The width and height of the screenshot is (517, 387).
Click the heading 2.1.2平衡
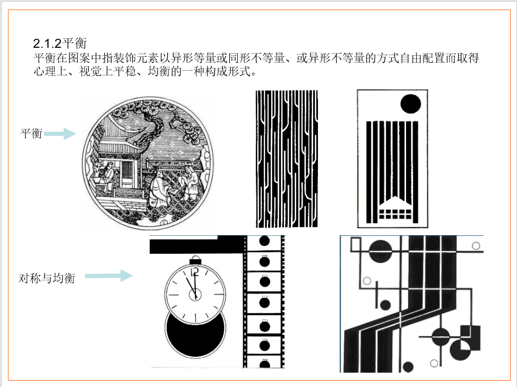click(60, 43)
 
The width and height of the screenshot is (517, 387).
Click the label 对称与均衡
click(47, 278)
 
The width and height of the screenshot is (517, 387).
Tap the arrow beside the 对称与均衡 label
click(109, 276)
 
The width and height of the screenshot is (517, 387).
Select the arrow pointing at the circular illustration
click(60, 133)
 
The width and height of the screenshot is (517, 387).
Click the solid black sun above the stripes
click(410, 104)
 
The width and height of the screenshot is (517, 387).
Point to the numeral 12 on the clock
click(194, 272)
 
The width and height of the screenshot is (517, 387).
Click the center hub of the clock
click(195, 294)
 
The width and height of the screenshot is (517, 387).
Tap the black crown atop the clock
click(195, 261)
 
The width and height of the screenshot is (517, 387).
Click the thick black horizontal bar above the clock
click(196, 246)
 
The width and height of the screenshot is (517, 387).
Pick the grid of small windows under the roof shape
click(395, 214)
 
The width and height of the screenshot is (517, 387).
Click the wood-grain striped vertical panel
click(287, 159)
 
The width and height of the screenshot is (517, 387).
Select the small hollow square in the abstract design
click(356, 245)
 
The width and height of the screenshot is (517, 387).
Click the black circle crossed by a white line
click(381, 251)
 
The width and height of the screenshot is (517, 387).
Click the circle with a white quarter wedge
click(460, 350)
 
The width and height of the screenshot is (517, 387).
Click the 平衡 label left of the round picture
click(31, 133)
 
